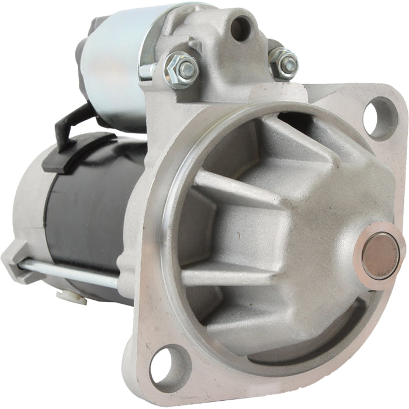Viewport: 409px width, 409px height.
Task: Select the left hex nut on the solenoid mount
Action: (x=182, y=71)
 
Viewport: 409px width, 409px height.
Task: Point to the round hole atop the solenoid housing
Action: (x=241, y=27)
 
